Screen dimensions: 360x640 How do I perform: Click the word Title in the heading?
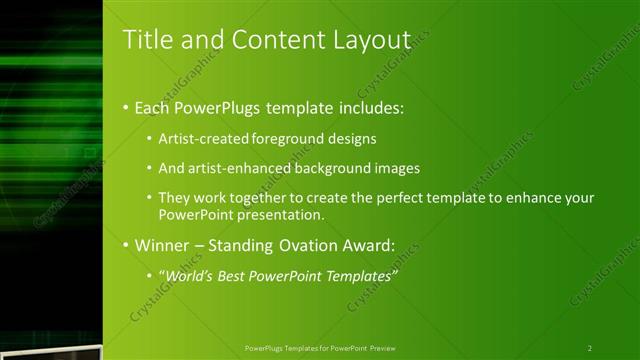(x=144, y=40)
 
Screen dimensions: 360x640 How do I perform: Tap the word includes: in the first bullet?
(x=374, y=106)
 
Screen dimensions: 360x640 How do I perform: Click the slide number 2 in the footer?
(x=590, y=348)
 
